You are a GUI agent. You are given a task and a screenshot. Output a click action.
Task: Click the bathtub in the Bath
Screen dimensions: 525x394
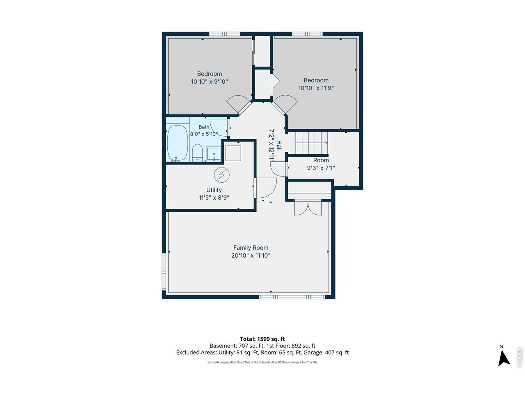(177, 143)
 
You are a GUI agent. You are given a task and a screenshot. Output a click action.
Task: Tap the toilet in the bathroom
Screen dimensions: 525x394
(197, 153)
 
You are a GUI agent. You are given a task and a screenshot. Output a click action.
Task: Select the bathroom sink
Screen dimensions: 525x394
(213, 154)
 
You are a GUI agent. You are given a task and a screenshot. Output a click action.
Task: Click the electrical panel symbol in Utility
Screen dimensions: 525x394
(221, 175)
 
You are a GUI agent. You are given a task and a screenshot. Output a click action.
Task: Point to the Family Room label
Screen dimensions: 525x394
(251, 247)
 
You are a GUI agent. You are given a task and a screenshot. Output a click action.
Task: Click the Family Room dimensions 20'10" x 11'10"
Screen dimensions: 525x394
(251, 256)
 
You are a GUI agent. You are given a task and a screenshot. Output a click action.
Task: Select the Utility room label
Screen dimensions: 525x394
(214, 190)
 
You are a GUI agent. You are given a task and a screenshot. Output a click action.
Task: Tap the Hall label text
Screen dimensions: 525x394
(279, 145)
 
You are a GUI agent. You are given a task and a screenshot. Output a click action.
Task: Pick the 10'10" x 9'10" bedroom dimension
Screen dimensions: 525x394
(209, 82)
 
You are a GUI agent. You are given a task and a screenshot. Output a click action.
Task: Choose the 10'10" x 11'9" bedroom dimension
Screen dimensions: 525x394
(316, 88)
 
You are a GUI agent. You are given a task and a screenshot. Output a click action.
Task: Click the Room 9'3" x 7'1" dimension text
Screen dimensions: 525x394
(321, 168)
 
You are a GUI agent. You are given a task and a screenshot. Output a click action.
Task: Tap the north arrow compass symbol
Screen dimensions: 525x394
(504, 358)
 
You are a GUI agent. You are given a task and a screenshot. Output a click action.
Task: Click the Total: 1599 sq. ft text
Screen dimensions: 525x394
(262, 339)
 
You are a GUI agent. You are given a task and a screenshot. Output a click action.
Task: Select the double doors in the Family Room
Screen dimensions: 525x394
(308, 208)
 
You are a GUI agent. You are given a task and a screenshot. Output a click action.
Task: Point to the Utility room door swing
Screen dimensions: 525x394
(265, 188)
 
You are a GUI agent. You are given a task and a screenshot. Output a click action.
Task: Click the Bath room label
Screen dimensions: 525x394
(204, 127)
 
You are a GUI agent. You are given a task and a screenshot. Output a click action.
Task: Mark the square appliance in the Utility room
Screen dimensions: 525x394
(233, 153)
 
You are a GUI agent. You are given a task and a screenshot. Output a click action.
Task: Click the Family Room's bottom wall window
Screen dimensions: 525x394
(292, 297)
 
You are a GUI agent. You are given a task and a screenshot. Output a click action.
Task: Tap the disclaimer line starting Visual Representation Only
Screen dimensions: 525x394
(262, 362)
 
